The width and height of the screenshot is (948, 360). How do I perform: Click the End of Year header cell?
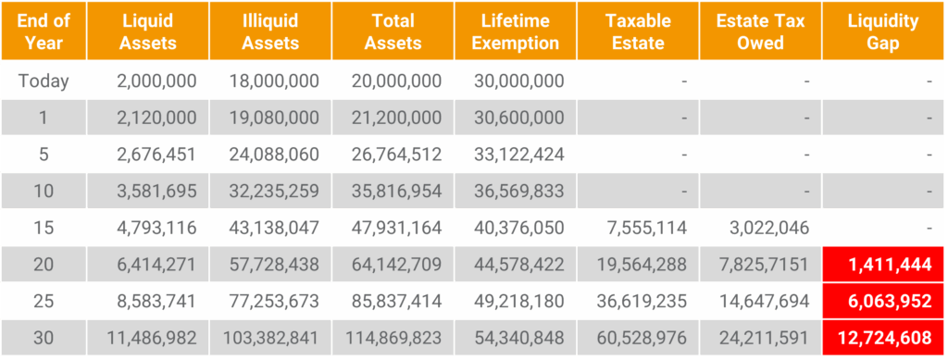[x=44, y=31]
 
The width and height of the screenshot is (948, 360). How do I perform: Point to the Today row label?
[x=44, y=81]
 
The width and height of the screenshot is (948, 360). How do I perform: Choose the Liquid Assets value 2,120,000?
[x=156, y=118]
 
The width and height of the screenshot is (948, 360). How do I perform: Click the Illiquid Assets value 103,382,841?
[x=270, y=336]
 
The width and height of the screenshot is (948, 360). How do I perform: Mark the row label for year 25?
[x=44, y=300]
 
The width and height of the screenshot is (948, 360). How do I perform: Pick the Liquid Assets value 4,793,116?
[x=156, y=228]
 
